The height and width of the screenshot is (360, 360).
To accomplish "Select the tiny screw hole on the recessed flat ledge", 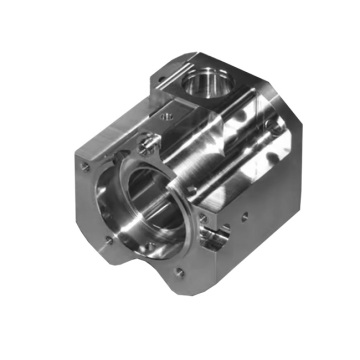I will (171, 117).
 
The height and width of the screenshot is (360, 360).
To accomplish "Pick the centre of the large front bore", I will (140, 205).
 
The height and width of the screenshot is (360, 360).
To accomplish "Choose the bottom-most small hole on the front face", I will (178, 272).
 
